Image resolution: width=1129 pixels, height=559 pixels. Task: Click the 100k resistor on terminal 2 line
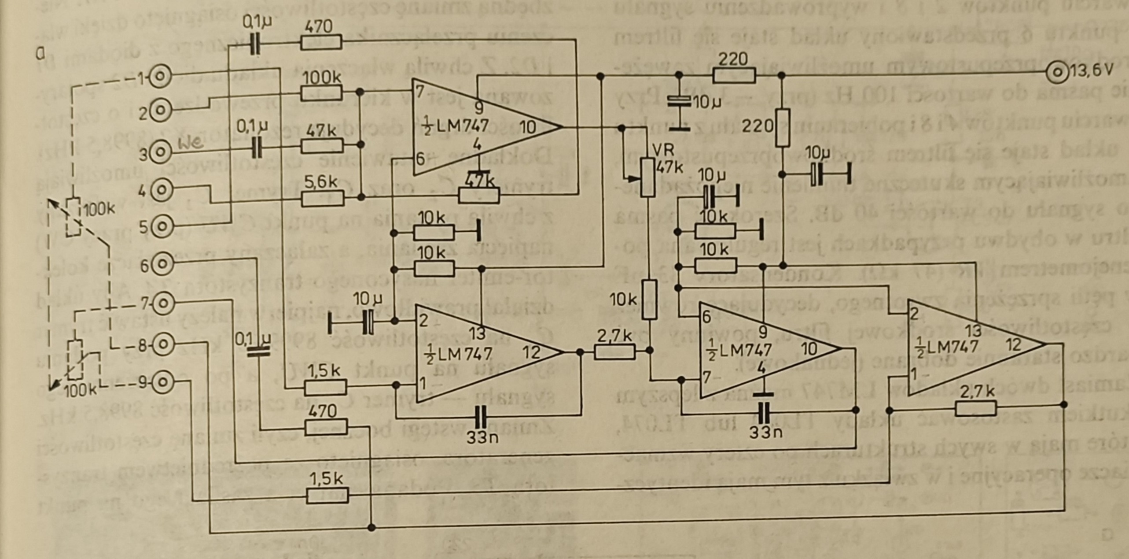(321, 93)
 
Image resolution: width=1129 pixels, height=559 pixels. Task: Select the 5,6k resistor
(323, 199)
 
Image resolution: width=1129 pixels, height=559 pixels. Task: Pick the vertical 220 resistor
(782, 128)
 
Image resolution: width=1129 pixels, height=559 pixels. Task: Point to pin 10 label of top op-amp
(527, 127)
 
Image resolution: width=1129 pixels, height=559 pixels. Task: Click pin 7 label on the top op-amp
(419, 92)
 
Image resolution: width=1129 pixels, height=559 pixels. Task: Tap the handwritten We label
(191, 143)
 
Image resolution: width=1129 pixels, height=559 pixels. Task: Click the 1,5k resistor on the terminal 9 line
(327, 496)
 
